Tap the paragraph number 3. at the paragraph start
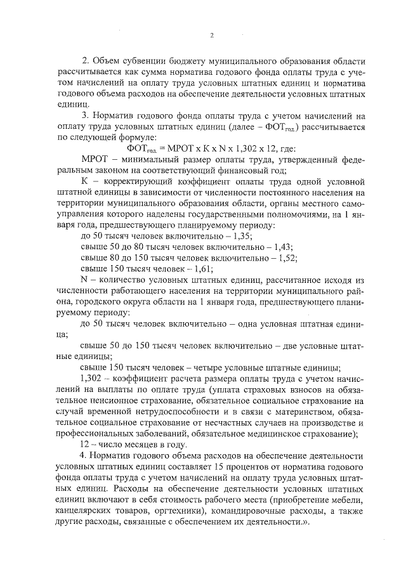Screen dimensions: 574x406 tap(86, 116)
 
